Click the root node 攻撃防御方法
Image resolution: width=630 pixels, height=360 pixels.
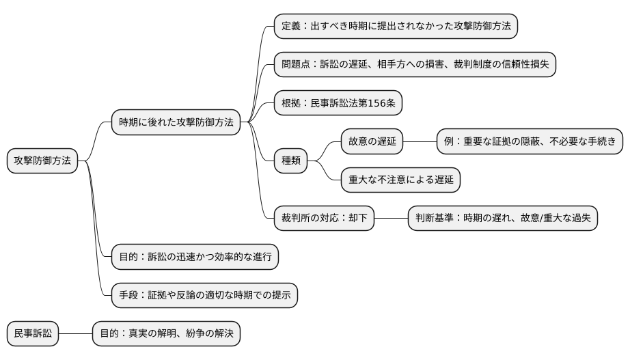42,161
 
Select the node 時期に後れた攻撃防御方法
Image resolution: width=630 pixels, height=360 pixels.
176,123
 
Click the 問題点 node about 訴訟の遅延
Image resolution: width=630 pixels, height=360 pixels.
415,65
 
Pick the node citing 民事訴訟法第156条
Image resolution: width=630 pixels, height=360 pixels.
338,104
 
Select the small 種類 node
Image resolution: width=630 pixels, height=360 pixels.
291,161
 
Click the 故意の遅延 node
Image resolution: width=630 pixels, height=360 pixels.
372,142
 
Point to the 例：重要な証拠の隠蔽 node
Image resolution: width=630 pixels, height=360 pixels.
530,142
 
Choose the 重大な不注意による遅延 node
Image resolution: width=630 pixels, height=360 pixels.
401,180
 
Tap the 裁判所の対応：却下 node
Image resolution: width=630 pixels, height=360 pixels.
324,219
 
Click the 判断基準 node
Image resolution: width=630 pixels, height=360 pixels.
502,219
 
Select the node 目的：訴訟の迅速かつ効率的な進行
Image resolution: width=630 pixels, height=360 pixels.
195,258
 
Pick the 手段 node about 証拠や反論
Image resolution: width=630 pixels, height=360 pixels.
204,296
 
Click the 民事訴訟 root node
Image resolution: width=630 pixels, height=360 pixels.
33,334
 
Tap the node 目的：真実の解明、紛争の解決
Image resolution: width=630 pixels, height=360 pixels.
166,334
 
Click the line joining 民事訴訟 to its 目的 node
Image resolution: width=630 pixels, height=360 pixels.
75,334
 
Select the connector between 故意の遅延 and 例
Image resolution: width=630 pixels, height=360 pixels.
420,142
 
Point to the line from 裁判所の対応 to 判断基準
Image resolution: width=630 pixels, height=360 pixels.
391,219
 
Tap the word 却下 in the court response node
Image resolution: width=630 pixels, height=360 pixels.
357,219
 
